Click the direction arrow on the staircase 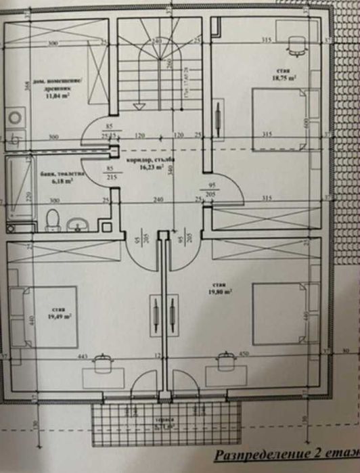coord(138,105)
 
